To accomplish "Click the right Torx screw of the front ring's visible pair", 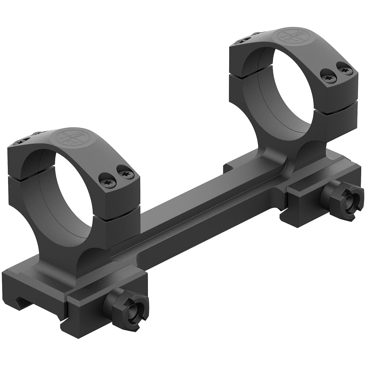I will click(126, 172).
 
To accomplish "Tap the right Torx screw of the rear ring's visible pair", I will click(344, 68).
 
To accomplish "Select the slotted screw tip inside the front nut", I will click(135, 311).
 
